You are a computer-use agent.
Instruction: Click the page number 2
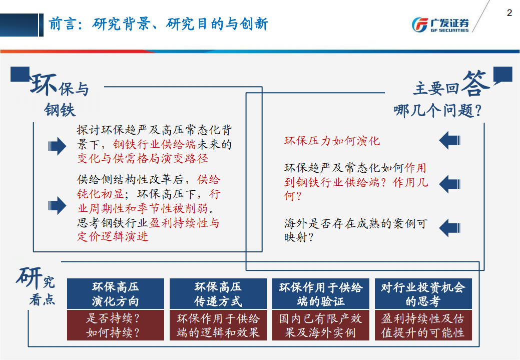[509, 13]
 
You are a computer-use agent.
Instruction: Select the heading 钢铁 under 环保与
[60, 110]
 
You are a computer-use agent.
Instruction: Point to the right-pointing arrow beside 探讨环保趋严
[57, 146]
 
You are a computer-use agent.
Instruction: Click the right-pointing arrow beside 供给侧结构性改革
[57, 205]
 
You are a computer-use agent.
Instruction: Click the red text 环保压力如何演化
[332, 141]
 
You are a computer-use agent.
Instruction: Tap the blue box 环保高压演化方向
[116, 294]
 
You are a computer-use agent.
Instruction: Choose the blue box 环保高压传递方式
[218, 294]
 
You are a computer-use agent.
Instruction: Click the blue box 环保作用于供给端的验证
[320, 294]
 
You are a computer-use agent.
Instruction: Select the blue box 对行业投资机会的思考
[423, 294]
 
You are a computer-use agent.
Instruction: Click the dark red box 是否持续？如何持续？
[116, 325]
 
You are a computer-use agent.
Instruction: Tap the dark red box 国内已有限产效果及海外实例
[320, 325]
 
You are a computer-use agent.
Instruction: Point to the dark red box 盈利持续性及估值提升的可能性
[423, 325]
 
